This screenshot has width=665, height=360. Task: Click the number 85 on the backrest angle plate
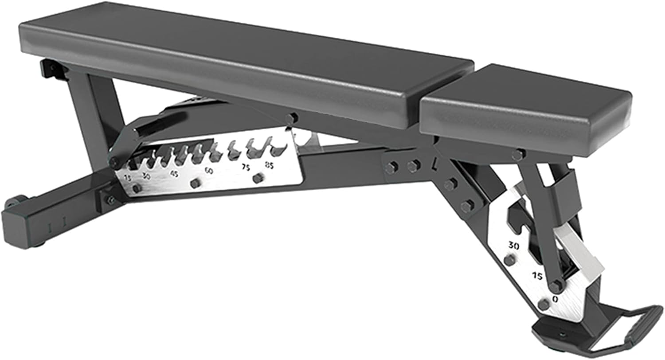(x=269, y=165)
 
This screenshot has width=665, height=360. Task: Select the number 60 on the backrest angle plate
(x=208, y=170)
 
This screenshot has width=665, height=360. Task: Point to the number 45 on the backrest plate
(x=174, y=174)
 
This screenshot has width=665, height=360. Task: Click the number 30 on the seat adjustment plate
(x=513, y=245)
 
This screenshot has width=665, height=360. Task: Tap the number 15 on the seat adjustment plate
(x=537, y=276)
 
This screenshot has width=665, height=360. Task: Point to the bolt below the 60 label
(x=194, y=183)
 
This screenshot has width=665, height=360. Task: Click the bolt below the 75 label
(x=257, y=178)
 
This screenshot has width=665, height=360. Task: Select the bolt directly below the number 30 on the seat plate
(x=510, y=260)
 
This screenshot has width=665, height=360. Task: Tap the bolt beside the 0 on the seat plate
(x=544, y=304)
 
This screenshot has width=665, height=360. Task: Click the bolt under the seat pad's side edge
(x=517, y=155)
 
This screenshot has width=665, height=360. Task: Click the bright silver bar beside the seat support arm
(x=581, y=251)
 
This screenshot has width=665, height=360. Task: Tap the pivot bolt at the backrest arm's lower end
(x=115, y=161)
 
